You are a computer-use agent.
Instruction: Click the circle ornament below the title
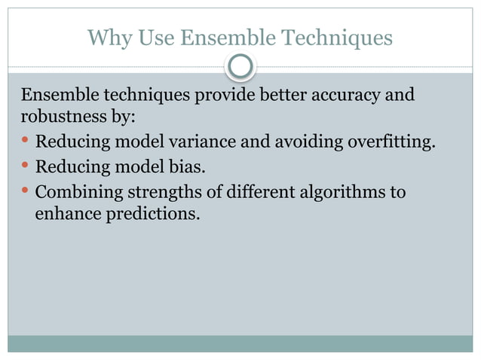pos(240,67)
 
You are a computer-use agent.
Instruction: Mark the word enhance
pos(66,214)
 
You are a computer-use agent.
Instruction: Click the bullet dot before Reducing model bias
pos(25,166)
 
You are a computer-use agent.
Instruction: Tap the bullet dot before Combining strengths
pos(25,191)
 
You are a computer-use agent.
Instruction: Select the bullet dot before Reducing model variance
pos(25,142)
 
